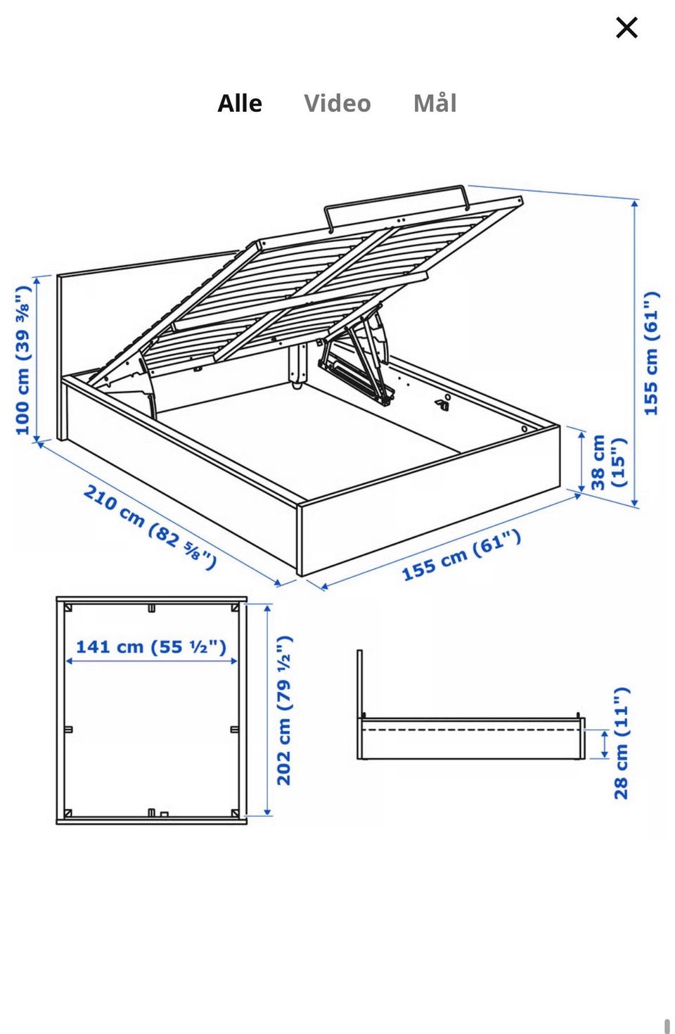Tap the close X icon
coord(626,27)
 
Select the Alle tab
coord(240,103)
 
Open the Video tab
coord(337,103)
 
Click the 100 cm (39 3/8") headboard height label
coord(23,360)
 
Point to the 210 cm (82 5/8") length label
coord(150,526)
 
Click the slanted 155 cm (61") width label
coord(461,554)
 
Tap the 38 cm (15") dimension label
coord(608,462)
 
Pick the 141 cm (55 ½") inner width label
coord(151,646)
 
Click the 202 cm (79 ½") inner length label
coord(284,710)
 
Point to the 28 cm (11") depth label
coord(621,743)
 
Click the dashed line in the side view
coord(470,730)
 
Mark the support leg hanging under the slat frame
coord(297,364)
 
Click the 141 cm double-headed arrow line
coord(151,661)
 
